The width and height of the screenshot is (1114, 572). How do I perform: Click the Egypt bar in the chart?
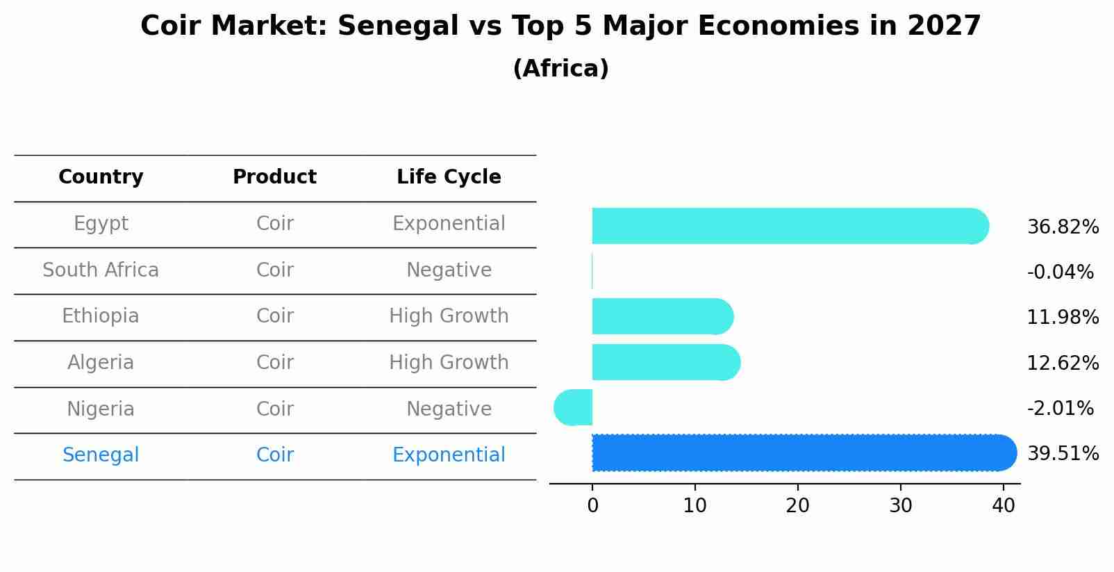pyautogui.click(x=788, y=226)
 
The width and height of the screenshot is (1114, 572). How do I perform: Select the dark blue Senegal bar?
pyautogui.click(x=802, y=452)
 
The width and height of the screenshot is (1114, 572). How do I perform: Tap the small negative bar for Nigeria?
pyautogui.click(x=574, y=407)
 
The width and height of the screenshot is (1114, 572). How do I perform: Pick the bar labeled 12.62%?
pyautogui.click(x=665, y=362)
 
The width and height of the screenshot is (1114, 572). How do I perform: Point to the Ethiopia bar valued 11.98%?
pyautogui.click(x=662, y=316)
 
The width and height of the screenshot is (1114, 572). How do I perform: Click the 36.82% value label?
pyautogui.click(x=1063, y=227)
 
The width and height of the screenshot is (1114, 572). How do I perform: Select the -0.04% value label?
pyautogui.click(x=1060, y=272)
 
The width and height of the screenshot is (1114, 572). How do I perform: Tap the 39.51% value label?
pyautogui.click(x=1063, y=454)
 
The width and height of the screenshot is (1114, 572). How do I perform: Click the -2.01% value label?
pyautogui.click(x=1060, y=409)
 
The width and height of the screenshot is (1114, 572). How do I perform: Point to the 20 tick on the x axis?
pyautogui.click(x=797, y=506)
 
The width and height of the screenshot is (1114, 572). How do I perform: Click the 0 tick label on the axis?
pyautogui.click(x=592, y=506)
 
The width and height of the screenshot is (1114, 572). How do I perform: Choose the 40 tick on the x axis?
pyautogui.click(x=1003, y=506)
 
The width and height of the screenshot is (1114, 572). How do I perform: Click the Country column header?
pyautogui.click(x=101, y=177)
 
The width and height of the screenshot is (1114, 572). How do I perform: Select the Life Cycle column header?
pyautogui.click(x=449, y=177)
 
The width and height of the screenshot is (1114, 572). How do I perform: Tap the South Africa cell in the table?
pyautogui.click(x=101, y=270)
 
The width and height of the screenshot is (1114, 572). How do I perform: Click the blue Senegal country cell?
pyautogui.click(x=101, y=455)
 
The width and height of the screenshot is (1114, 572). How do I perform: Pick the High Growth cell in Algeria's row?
pyautogui.click(x=449, y=363)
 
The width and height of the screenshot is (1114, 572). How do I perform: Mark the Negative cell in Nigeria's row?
pyautogui.click(x=449, y=409)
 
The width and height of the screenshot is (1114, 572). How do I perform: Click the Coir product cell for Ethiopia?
pyautogui.click(x=274, y=316)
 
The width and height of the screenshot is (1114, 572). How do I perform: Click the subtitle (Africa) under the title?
pyautogui.click(x=560, y=69)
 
